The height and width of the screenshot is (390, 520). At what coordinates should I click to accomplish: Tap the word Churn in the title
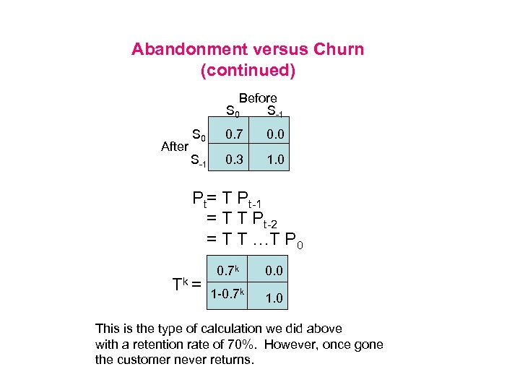click(x=339, y=50)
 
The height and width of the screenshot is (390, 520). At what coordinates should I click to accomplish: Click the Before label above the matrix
click(x=258, y=97)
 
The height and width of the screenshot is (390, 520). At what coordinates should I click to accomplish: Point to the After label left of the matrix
click(x=175, y=146)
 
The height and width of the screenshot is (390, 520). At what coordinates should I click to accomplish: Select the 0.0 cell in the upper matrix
click(x=275, y=134)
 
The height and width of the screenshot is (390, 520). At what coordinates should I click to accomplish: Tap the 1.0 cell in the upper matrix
click(x=275, y=159)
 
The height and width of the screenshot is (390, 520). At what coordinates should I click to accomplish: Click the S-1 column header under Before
click(x=275, y=112)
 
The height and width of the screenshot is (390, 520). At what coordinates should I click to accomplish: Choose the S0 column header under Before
click(x=233, y=112)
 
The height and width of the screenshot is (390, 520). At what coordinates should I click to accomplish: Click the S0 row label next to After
click(x=199, y=134)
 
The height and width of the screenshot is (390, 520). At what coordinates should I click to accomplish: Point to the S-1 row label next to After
click(x=198, y=160)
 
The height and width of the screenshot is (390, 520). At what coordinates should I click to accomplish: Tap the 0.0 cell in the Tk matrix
click(x=274, y=271)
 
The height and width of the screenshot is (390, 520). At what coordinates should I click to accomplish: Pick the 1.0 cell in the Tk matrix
click(x=274, y=297)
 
